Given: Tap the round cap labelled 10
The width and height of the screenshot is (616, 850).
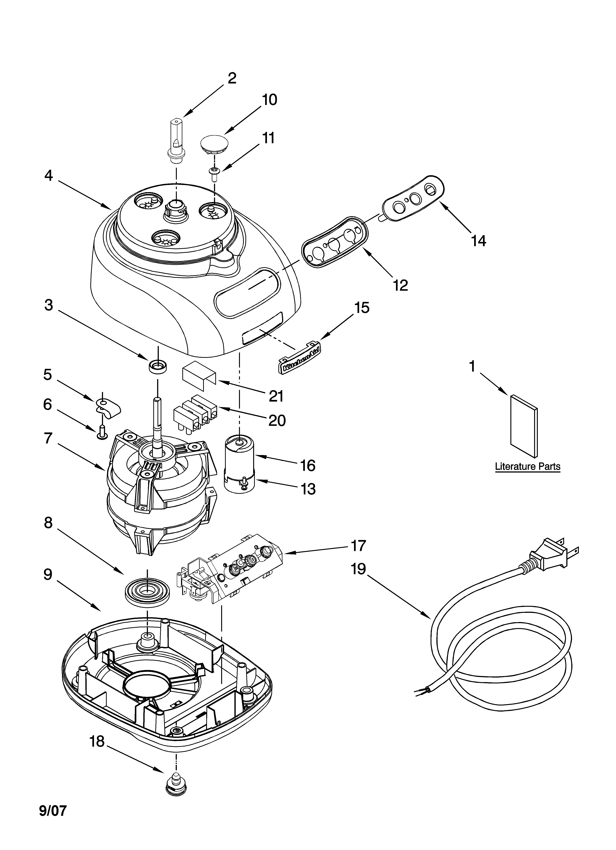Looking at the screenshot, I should tap(214, 144).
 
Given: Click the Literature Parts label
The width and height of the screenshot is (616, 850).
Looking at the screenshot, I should tap(528, 467).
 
